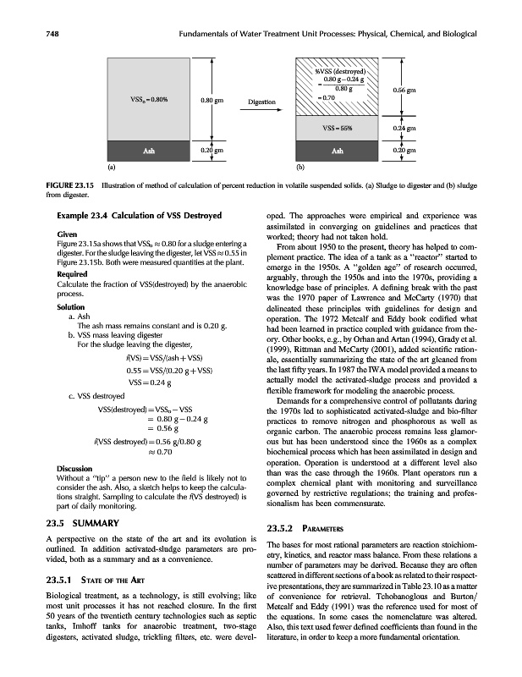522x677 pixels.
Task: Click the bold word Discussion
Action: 74,467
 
